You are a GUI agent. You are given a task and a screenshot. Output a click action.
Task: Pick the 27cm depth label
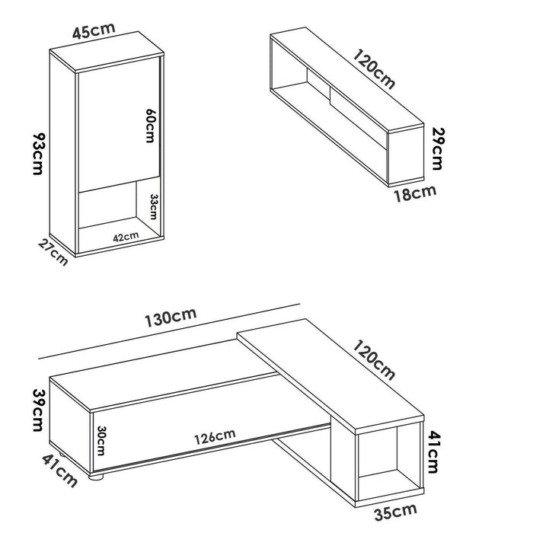[x=54, y=251]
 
